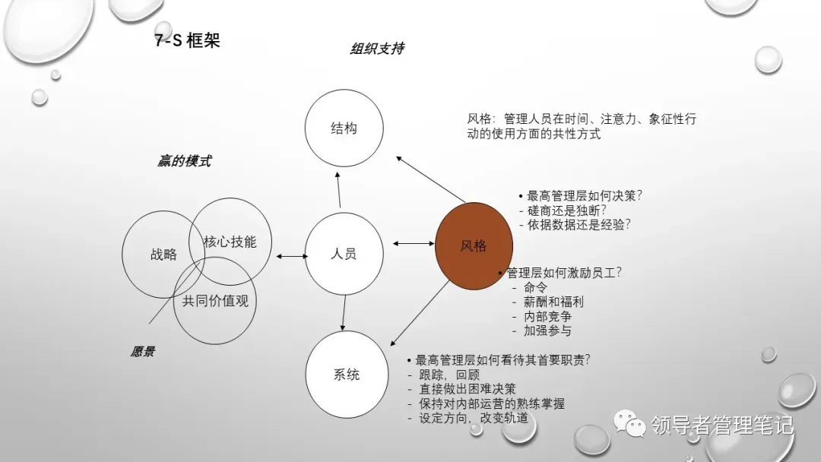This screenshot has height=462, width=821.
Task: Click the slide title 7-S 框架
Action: tap(187, 40)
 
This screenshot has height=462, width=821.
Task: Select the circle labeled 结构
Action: tap(344, 128)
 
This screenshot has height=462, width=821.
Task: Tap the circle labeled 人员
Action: tap(344, 254)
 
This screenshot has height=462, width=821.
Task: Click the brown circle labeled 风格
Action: tap(474, 245)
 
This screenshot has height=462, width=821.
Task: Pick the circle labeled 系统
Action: tap(346, 375)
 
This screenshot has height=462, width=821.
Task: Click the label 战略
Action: tap(163, 254)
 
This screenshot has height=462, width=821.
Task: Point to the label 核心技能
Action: tap(230, 242)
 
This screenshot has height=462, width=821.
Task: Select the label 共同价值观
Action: tap(215, 300)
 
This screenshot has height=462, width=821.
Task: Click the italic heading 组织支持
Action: tap(376, 49)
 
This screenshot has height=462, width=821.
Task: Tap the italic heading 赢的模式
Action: tap(184, 161)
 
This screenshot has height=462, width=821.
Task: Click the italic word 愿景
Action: tap(143, 352)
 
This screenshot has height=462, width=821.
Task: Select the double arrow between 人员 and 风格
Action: tap(413, 244)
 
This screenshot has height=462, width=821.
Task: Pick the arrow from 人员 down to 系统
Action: tap(344, 312)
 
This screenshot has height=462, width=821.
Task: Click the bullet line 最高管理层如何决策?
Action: tap(581, 195)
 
